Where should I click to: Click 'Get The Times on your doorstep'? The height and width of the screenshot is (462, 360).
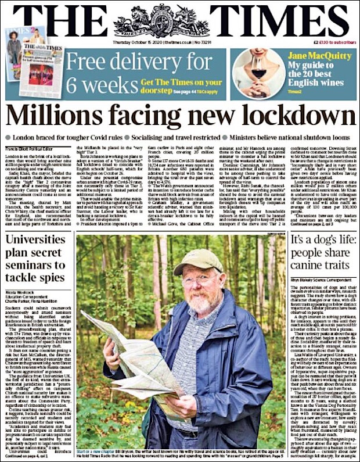[x=181, y=85]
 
